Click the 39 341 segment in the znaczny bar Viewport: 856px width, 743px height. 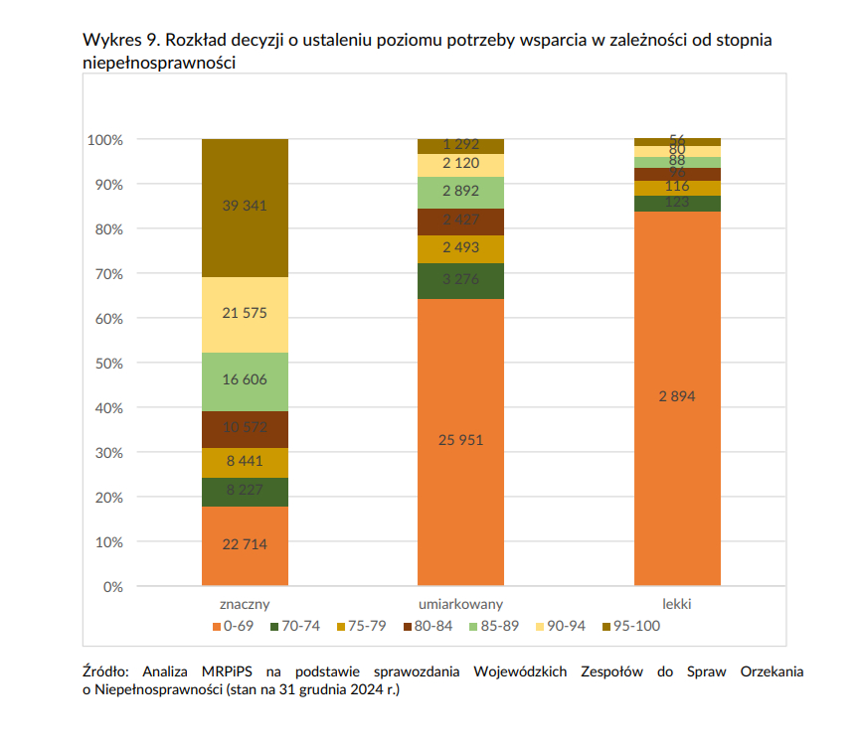[x=245, y=207]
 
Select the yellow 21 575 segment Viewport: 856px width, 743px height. [x=245, y=314]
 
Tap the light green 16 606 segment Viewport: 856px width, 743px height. [x=245, y=381]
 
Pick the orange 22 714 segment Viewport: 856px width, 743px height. [x=245, y=544]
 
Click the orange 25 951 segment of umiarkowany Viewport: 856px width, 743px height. [x=460, y=440]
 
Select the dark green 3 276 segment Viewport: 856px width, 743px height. [x=460, y=280]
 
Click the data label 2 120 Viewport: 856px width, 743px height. [x=460, y=164]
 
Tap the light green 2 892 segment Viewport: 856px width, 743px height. [x=460, y=192]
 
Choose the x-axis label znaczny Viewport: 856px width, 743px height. [x=245, y=604]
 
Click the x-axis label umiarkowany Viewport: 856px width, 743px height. [x=460, y=604]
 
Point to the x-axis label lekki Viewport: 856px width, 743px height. [x=677, y=604]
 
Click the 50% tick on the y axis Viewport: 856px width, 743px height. [x=106, y=364]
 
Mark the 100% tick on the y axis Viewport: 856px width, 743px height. [x=104, y=140]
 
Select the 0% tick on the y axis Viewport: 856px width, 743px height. [x=111, y=587]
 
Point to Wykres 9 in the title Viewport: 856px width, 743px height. [x=119, y=42]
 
